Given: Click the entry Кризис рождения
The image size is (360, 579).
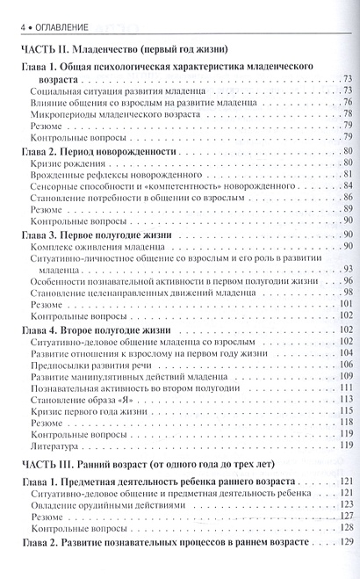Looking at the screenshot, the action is pos(63,165).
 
